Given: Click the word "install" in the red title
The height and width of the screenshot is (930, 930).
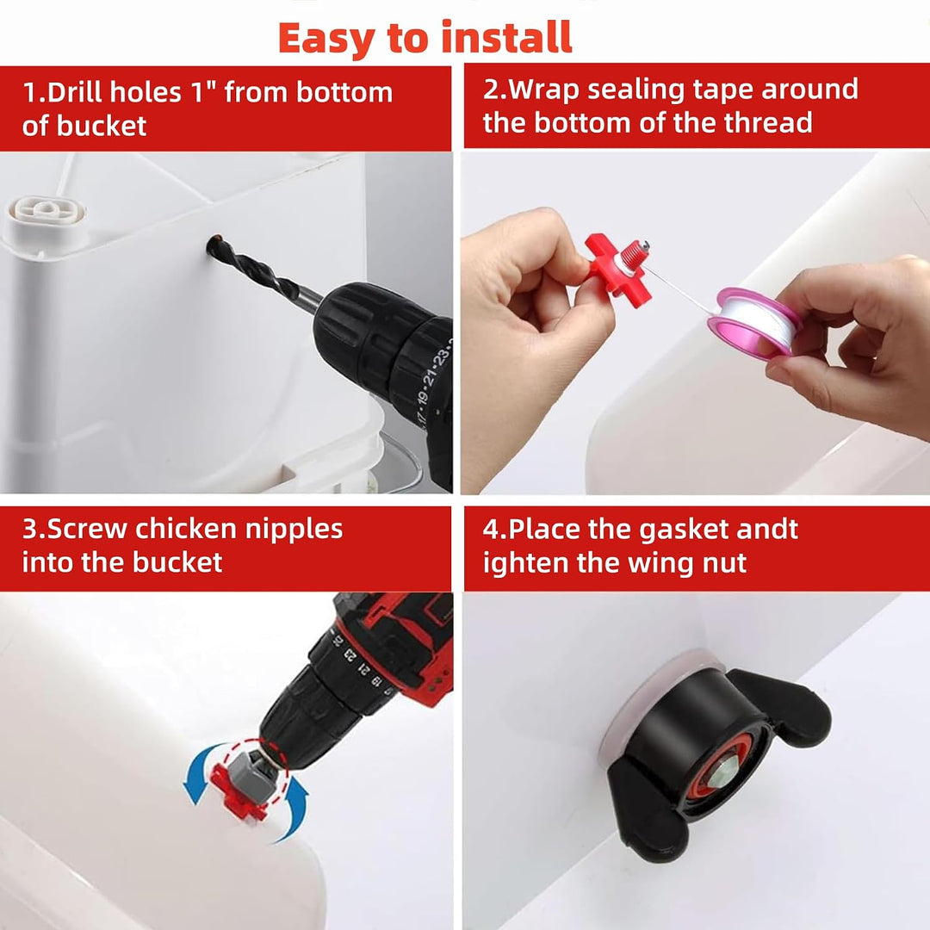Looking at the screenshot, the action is pyautogui.click(x=506, y=38).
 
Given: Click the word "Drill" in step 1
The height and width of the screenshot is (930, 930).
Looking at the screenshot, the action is pyautogui.click(x=76, y=92).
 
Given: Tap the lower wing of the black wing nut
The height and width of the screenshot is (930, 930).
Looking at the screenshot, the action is pyautogui.click(x=648, y=808).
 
